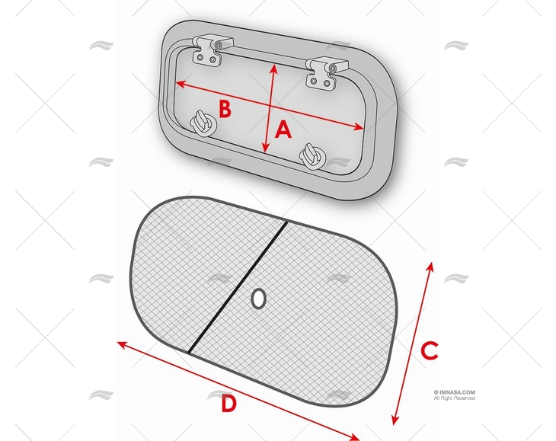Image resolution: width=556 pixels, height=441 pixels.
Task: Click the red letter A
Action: (283, 130)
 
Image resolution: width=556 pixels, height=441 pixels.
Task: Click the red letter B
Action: (225, 109)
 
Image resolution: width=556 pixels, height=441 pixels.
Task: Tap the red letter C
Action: (430, 351)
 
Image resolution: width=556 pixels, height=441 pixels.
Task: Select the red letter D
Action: (228, 404)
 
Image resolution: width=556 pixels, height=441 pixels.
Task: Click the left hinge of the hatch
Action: (209, 50)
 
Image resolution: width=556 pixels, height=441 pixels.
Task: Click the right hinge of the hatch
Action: (322, 72)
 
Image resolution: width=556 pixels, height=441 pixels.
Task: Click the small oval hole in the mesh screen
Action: (258, 299)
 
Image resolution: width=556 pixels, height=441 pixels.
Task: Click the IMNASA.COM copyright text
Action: (455, 391)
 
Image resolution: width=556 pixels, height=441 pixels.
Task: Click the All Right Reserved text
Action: (455, 398)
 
